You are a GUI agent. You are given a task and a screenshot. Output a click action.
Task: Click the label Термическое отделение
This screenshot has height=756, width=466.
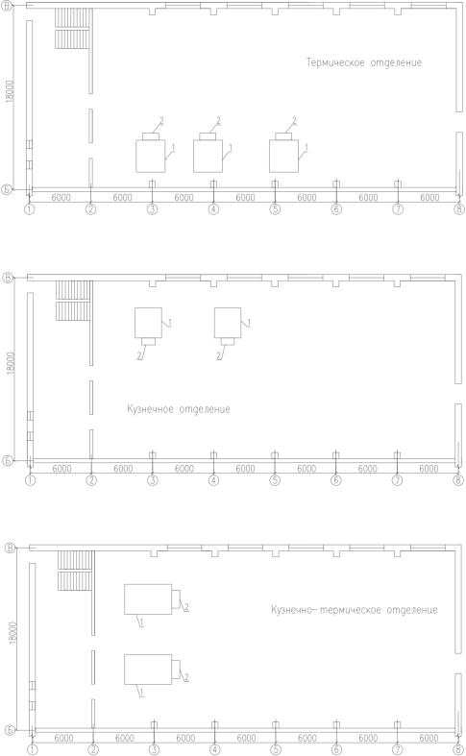point(364,62)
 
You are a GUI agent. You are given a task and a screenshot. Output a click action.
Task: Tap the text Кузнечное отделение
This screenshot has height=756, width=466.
point(179,409)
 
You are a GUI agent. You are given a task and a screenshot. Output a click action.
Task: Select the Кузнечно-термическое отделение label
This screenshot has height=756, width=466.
point(355,610)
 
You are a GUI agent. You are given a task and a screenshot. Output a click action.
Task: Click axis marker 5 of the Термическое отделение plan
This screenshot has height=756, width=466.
point(275,209)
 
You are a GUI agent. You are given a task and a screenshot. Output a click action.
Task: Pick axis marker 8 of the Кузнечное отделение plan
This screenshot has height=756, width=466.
point(458,480)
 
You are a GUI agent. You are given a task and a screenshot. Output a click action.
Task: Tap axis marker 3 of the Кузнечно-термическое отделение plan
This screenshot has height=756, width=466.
point(154,749)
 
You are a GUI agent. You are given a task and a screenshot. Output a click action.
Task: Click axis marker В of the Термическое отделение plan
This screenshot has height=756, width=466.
point(9,6)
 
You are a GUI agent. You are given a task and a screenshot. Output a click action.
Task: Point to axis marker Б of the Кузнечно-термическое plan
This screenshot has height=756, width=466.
point(10,729)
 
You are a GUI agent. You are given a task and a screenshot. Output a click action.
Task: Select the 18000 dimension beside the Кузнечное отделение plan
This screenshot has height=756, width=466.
point(12,364)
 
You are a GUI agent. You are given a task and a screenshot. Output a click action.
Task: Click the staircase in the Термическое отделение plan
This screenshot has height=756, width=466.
point(72,29)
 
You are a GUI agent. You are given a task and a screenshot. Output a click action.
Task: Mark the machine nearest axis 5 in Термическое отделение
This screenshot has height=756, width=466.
point(283,152)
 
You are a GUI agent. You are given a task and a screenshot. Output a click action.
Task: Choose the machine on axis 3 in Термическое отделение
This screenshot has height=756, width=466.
point(151,152)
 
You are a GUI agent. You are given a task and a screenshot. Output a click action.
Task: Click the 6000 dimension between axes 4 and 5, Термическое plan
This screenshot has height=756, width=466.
point(245,197)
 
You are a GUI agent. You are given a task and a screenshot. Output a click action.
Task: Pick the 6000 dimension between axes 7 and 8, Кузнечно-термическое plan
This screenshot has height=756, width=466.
point(429,738)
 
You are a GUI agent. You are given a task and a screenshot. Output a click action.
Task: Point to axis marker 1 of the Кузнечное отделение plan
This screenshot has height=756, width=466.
point(31,480)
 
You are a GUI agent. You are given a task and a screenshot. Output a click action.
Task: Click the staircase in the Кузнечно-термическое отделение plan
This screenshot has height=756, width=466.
point(76,571)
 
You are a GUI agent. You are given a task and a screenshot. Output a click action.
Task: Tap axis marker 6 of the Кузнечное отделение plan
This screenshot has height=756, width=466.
point(336,480)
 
